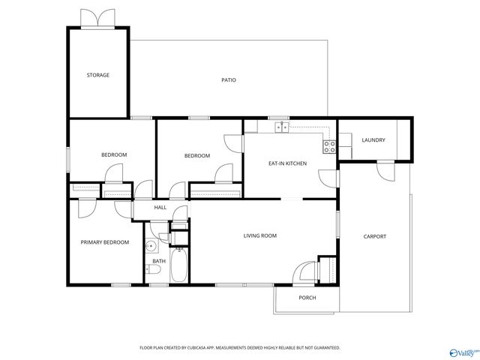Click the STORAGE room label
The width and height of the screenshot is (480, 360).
coord(97,75)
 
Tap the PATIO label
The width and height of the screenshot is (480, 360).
coord(229,79)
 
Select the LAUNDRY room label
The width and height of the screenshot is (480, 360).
coord(373,140)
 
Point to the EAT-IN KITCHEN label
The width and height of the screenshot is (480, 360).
coord(287,163)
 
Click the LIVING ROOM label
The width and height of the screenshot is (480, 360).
coord(260,235)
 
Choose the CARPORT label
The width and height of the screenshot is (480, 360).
coord(375,236)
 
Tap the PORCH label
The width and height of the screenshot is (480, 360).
coord(307,298)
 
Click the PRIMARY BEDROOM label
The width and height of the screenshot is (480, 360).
coord(105,242)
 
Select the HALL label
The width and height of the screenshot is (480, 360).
coord(160,208)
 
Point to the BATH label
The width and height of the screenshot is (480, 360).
coord(158,261)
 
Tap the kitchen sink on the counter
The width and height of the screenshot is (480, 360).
coord(282,127)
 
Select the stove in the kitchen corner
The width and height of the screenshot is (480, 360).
coord(328,145)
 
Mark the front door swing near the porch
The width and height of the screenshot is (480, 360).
coord(306,271)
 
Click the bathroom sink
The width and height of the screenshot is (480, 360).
coord(151,245)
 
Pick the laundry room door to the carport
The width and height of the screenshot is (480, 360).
coord(386,169)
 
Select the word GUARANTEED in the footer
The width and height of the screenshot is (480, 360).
coord(324,348)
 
